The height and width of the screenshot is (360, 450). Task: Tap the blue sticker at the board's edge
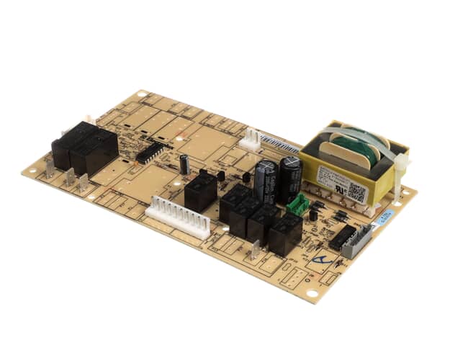pos(386,217)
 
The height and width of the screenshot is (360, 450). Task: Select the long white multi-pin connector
pos(179,217)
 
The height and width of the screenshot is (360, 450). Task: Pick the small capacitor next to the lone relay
pos(185,163)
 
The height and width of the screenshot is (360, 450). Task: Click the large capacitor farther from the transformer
pos(265,181)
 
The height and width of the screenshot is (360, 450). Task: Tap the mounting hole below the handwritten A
pos(312,292)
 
